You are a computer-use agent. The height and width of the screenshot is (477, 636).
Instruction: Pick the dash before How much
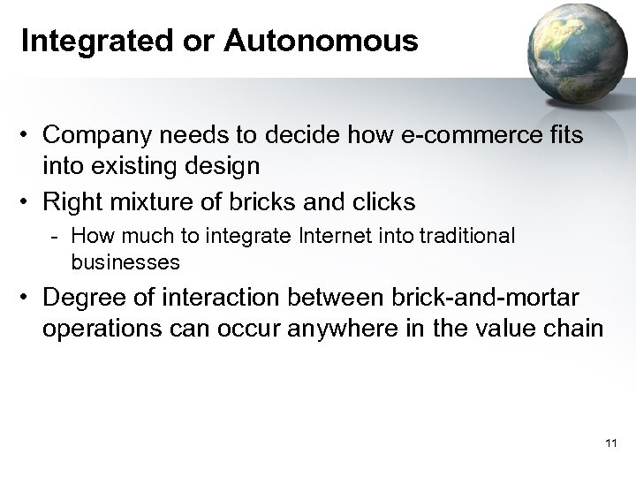pyautogui.click(x=57, y=237)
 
